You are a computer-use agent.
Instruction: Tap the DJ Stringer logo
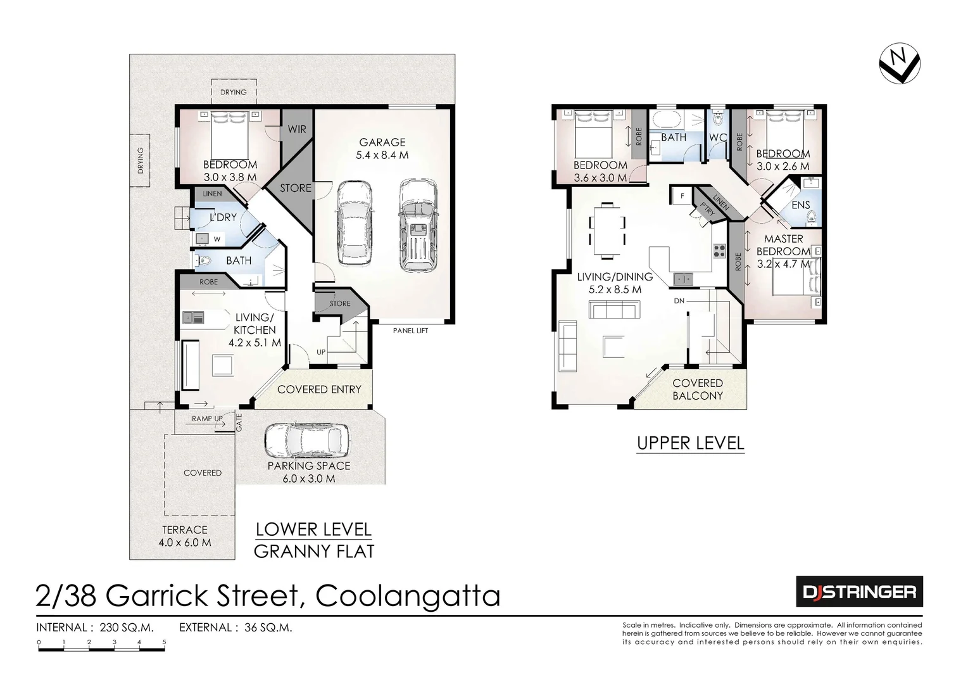859,592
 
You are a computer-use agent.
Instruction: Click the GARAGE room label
382,142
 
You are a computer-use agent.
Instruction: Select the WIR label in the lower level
297,129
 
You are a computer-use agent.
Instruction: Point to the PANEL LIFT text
411,331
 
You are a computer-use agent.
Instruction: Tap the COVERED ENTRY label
319,389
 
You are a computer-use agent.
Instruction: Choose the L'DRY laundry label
223,217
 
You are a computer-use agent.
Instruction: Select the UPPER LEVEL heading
690,443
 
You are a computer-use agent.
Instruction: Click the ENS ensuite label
800,205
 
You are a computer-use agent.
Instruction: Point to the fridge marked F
682,196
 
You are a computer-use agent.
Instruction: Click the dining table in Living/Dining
608,231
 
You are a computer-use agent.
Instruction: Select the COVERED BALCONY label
698,389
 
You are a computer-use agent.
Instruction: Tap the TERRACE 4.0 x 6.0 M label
185,536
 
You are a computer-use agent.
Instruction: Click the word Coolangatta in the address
408,596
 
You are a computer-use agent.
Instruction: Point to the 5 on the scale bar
165,642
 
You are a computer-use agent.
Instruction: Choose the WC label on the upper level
717,137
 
